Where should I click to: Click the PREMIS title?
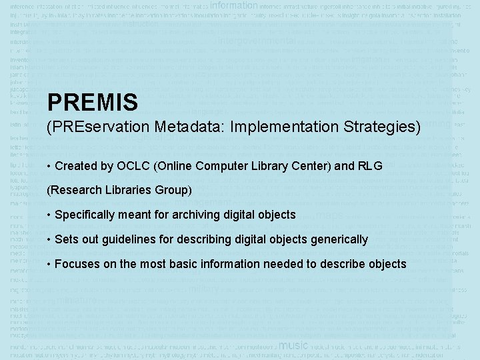pyautogui.click(x=92, y=102)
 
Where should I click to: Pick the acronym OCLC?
pyautogui.click(x=133, y=166)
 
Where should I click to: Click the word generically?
pyautogui.click(x=339, y=239)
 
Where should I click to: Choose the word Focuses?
pyautogui.click(x=77, y=264)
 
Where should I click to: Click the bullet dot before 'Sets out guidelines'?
pyautogui.click(x=49, y=239)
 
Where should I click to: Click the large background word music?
pyautogui.click(x=293, y=345)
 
